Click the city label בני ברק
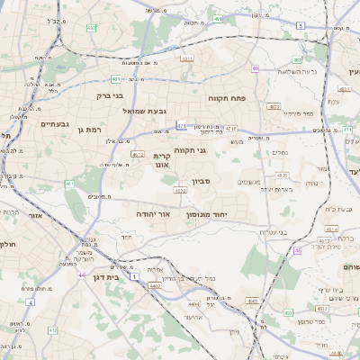[x=112, y=94]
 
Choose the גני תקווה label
[x=191, y=151]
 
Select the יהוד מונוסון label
[x=209, y=215]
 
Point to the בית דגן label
[x=107, y=277]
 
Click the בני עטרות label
[x=273, y=232]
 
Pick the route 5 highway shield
[x=300, y=27]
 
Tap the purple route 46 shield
[x=297, y=251]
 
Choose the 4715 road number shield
[x=231, y=128]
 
